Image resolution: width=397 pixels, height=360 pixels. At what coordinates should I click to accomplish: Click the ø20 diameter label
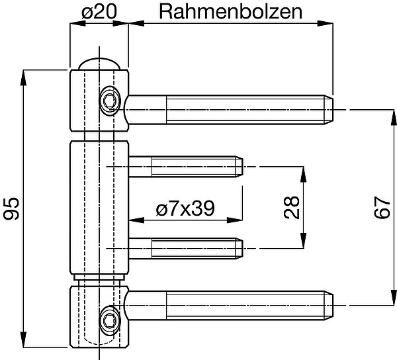click(99, 11)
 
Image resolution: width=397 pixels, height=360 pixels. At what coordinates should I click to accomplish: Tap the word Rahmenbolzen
click(230, 11)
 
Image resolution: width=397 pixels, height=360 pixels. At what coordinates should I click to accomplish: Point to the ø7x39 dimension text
click(185, 209)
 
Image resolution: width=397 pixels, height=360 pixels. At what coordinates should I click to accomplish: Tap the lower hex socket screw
click(107, 320)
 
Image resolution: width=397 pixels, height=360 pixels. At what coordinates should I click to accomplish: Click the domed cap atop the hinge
click(99, 63)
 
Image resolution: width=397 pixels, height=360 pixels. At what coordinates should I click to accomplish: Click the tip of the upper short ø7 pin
click(243, 166)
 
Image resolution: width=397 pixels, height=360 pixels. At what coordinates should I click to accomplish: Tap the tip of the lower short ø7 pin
click(243, 248)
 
